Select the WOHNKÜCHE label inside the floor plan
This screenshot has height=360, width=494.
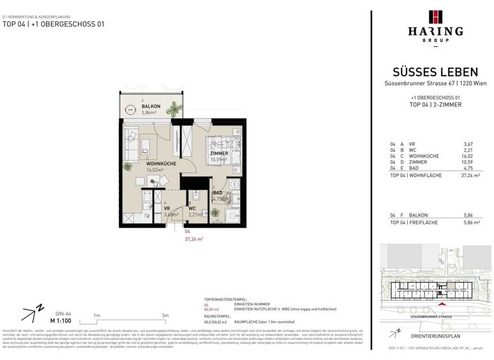161,164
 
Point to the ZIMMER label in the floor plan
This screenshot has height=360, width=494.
219,154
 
